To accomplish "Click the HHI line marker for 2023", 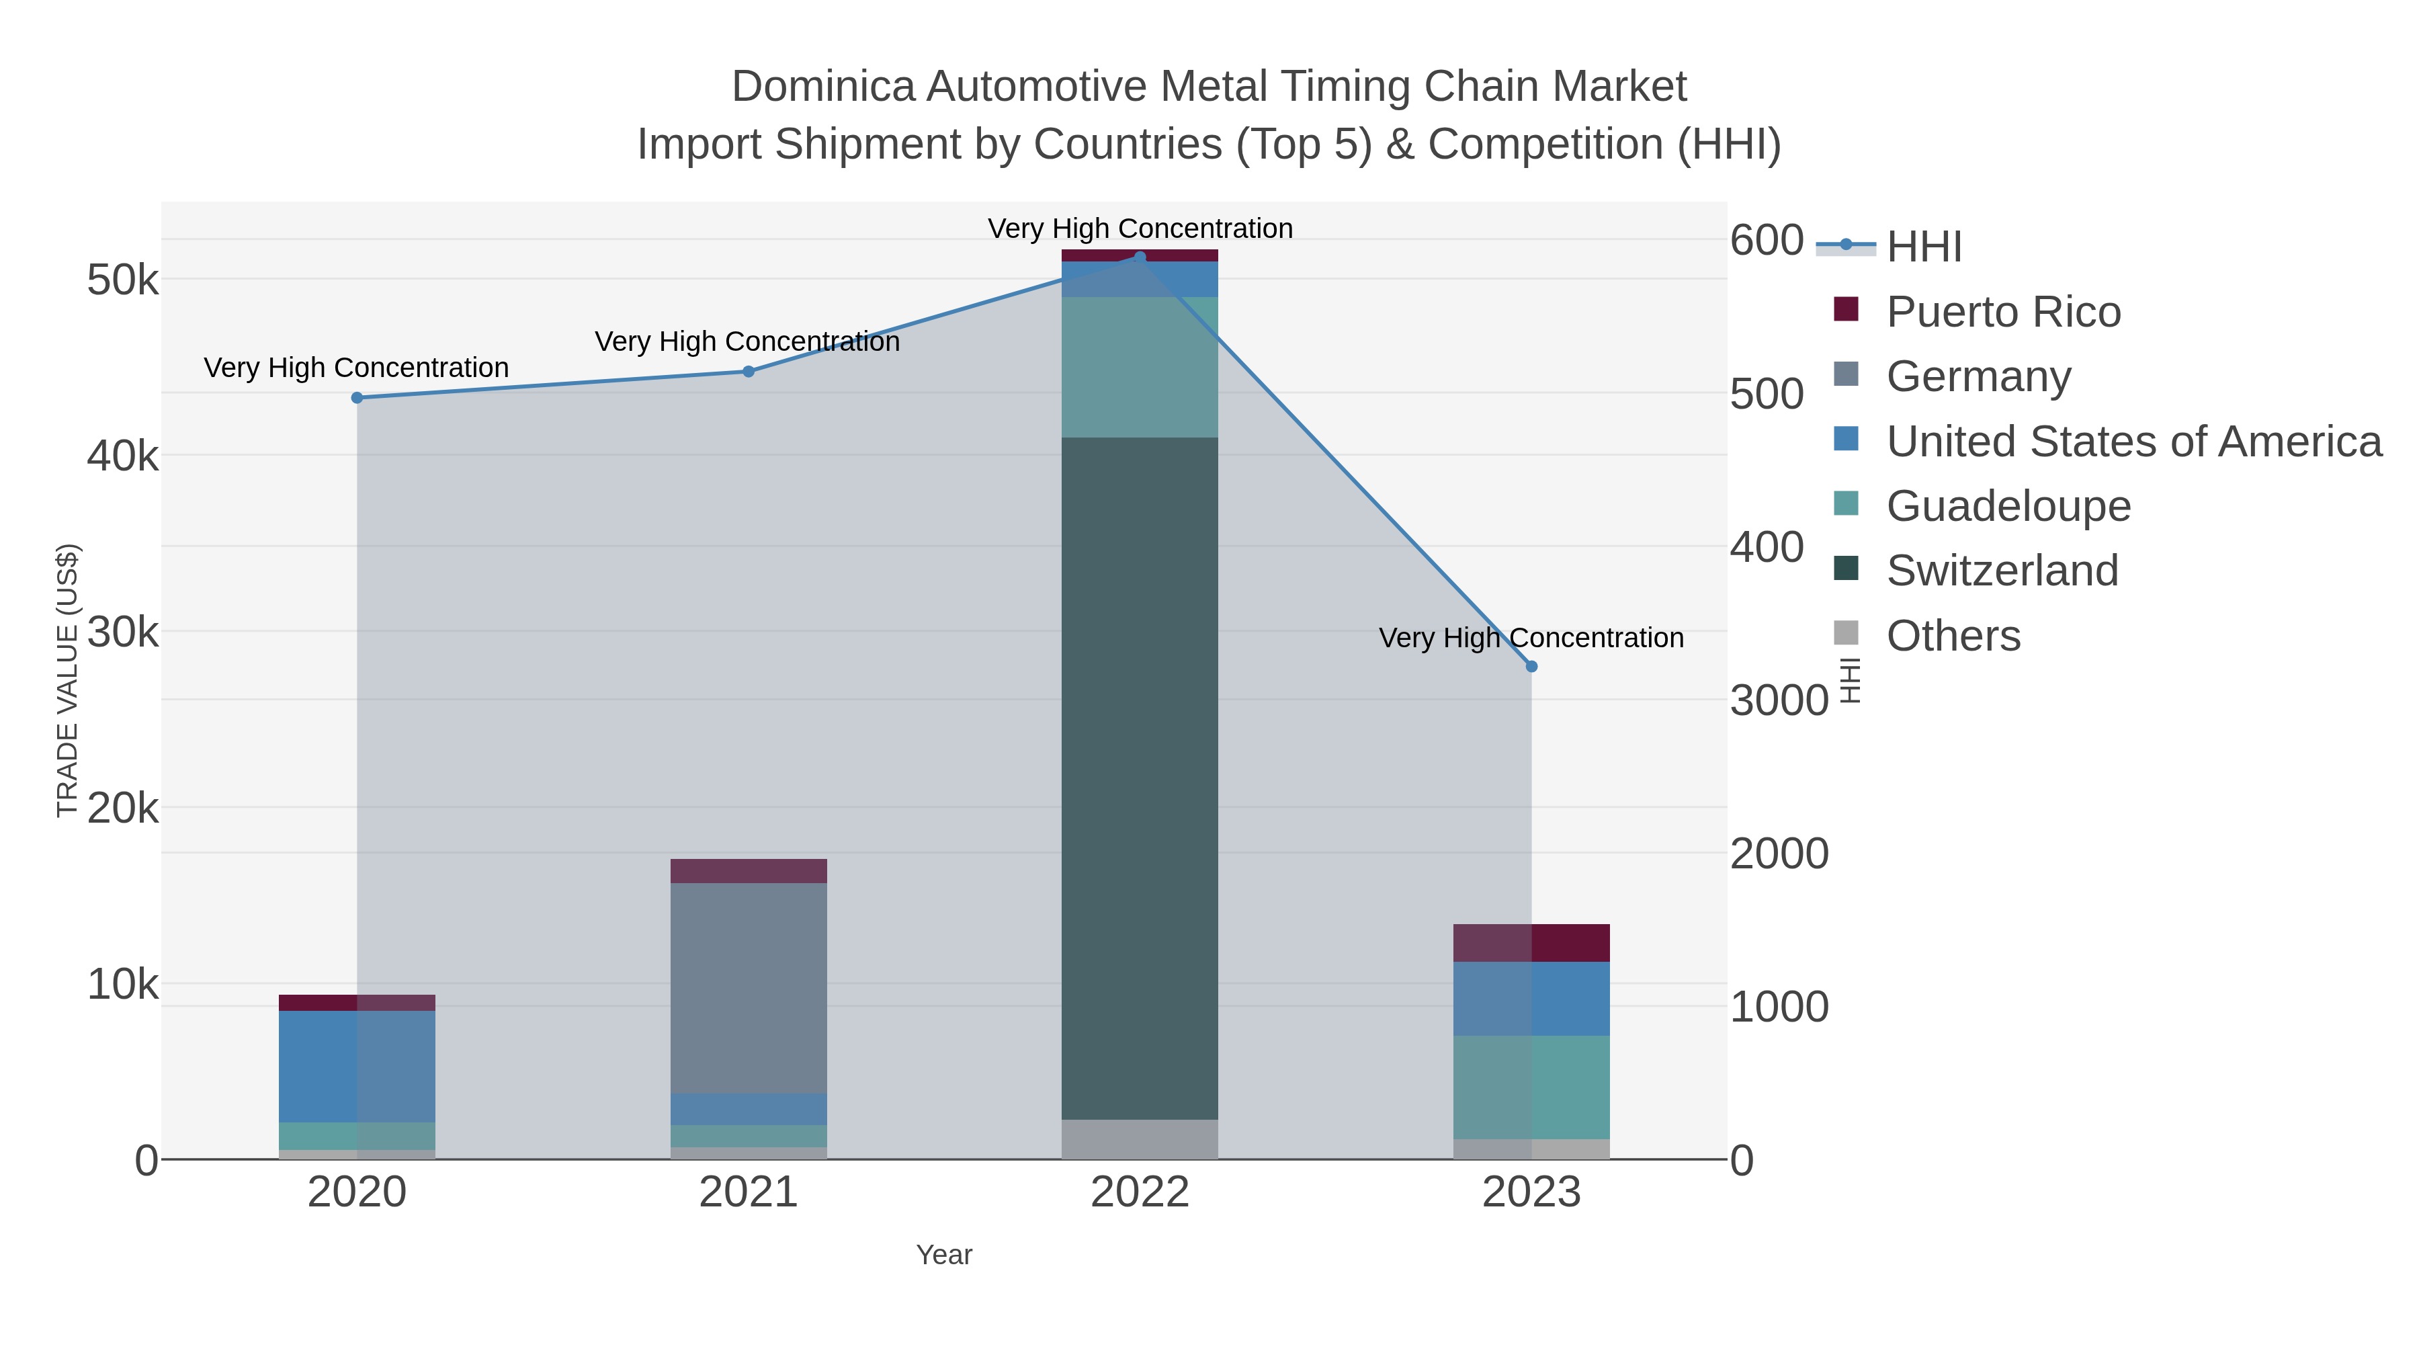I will coord(1531,666).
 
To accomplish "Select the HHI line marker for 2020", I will coord(357,397).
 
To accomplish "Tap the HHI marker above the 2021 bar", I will coord(749,371).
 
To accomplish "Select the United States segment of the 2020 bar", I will coord(357,1066).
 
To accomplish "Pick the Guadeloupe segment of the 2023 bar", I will coord(1531,1087).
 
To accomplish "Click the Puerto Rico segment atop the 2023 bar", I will coord(1531,942).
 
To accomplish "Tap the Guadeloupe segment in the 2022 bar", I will coord(1139,366).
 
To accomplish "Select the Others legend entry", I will coord(1953,636).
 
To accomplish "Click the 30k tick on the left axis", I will coord(123,632).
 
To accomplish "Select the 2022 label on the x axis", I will coord(1139,1192).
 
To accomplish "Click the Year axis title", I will coord(944,1255).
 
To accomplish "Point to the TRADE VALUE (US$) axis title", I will coord(68,680).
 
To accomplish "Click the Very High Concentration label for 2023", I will coord(1531,638).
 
